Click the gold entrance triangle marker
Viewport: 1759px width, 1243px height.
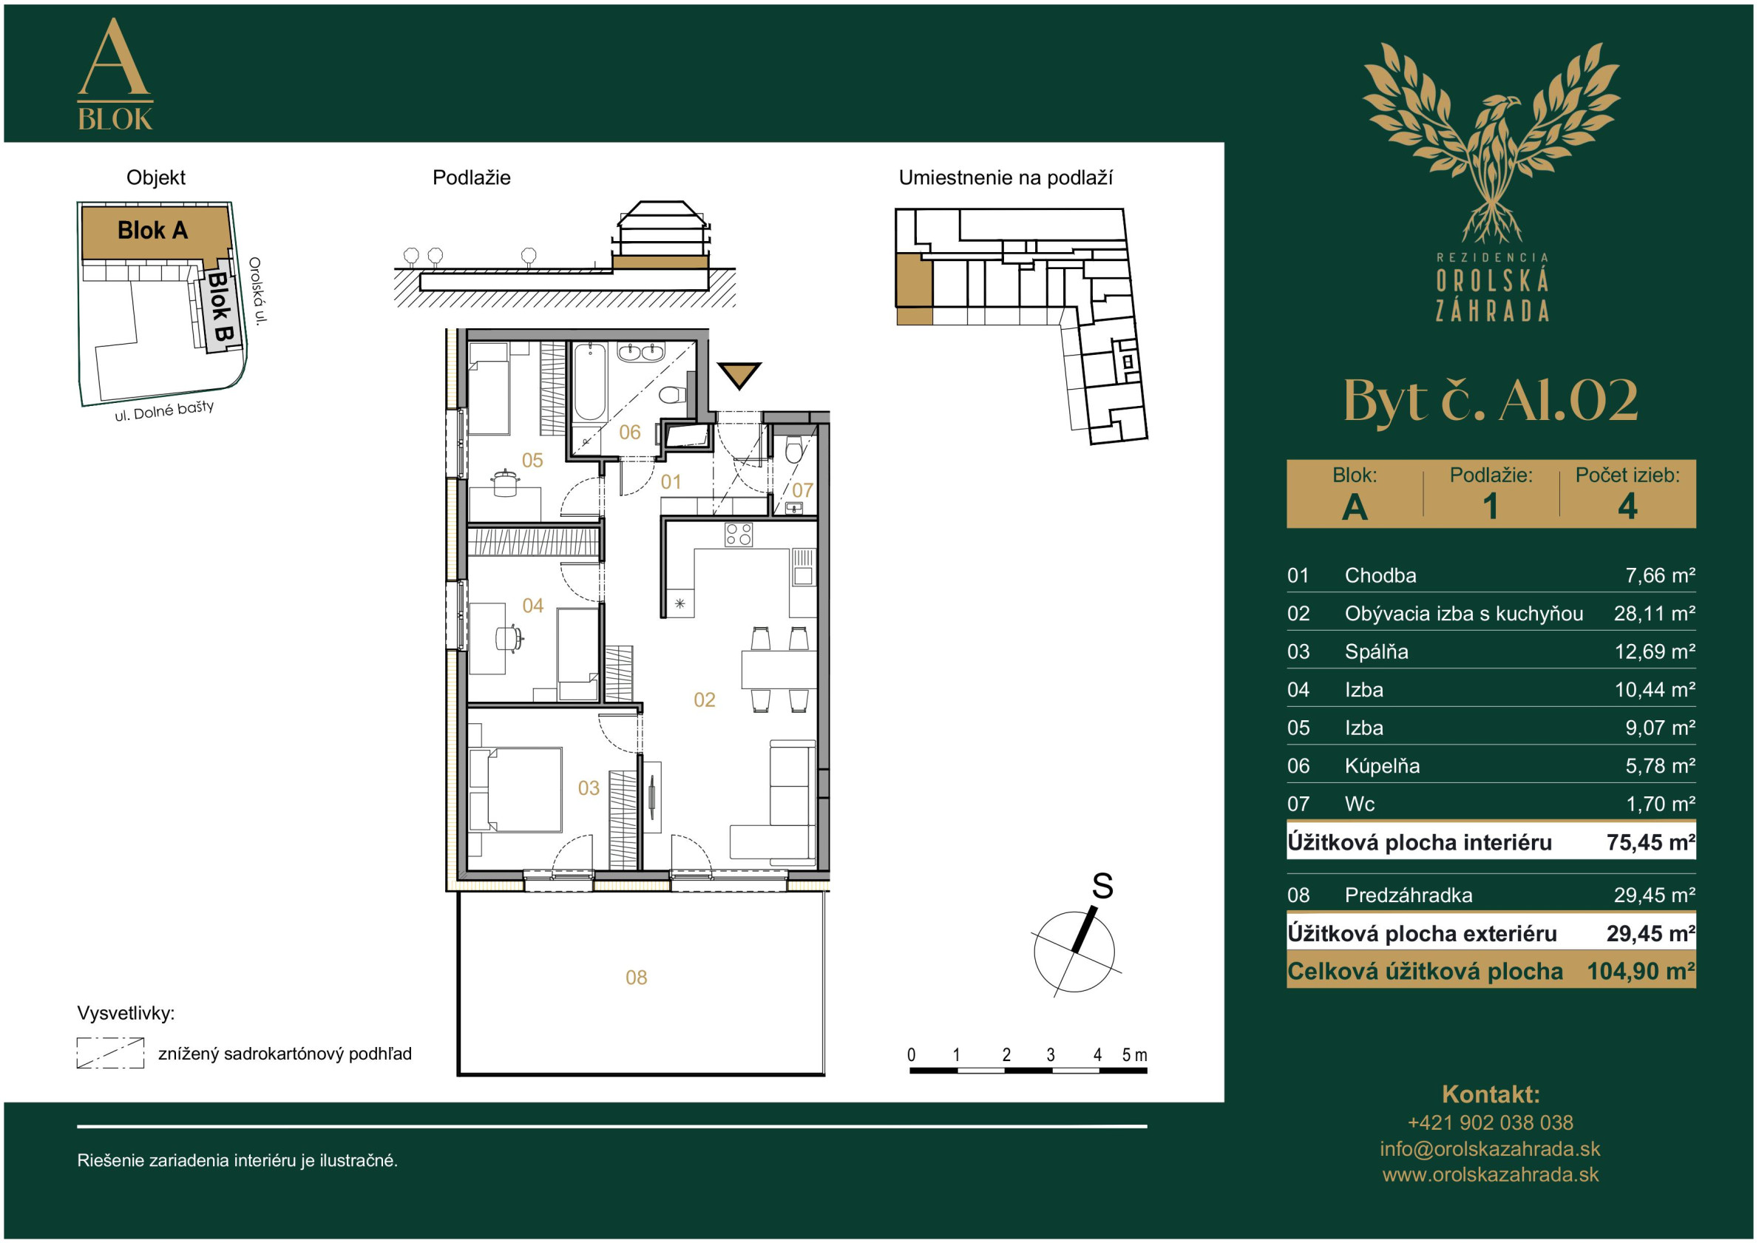click(739, 373)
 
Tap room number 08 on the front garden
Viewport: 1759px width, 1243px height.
click(636, 977)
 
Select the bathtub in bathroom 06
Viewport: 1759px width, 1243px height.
click(589, 382)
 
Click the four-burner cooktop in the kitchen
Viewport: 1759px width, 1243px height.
click(739, 534)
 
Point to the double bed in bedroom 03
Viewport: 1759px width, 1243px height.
click(515, 789)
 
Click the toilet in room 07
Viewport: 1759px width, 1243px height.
click(793, 450)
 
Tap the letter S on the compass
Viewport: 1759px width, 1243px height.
click(1102, 887)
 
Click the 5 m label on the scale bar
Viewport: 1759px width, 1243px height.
click(1135, 1055)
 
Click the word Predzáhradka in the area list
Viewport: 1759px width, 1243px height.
click(1408, 895)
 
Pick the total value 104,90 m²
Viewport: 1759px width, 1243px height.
click(1641, 971)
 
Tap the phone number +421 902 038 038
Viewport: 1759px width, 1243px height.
click(1490, 1122)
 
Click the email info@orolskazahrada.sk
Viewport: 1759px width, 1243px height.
click(1490, 1149)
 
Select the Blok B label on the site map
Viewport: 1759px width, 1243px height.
click(220, 307)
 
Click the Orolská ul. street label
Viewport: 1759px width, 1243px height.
click(257, 291)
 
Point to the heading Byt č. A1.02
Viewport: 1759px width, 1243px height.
click(1490, 400)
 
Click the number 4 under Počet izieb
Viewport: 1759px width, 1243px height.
click(1627, 507)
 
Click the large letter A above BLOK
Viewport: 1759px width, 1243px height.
click(114, 57)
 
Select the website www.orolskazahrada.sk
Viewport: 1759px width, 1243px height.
click(1490, 1175)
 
